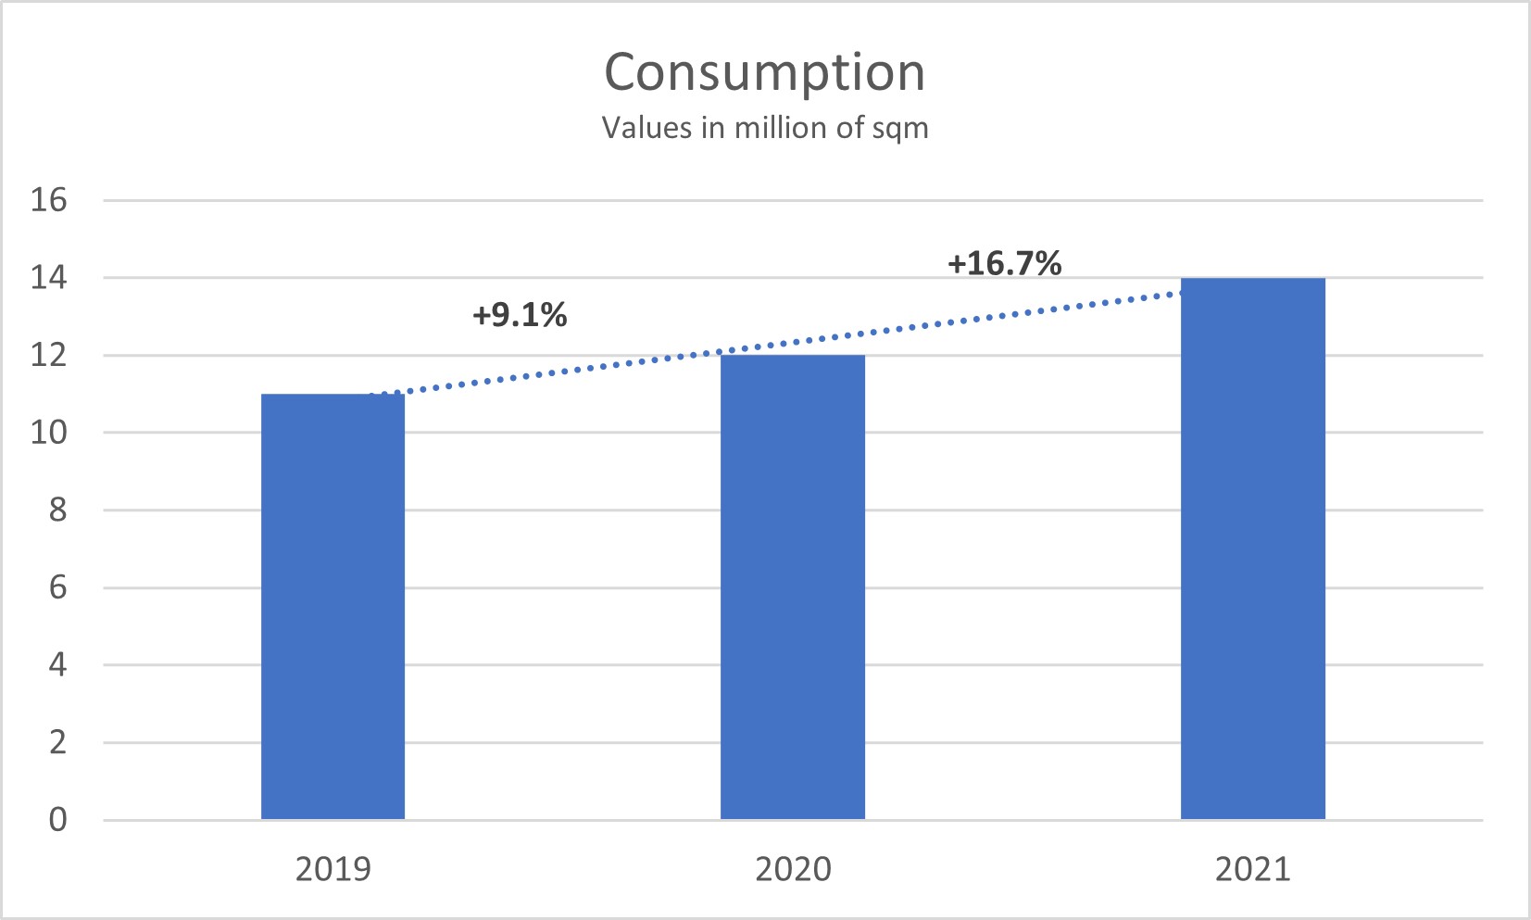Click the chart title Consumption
click(x=765, y=72)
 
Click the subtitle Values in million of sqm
click(x=765, y=127)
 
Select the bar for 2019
click(x=333, y=607)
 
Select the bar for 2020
click(x=793, y=587)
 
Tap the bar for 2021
click(x=1252, y=548)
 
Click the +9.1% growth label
click(x=520, y=315)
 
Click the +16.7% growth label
click(x=1004, y=263)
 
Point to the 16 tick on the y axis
click(x=49, y=199)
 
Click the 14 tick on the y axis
click(x=49, y=277)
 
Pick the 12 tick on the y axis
click(x=49, y=355)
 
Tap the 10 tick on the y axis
click(x=49, y=432)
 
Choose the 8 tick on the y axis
click(x=57, y=510)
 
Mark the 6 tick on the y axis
click(x=57, y=587)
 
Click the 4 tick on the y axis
click(x=57, y=664)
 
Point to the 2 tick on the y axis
click(x=57, y=742)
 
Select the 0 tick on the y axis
click(x=57, y=819)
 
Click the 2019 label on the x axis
click(x=333, y=869)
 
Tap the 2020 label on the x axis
click(x=793, y=869)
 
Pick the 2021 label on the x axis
click(x=1252, y=869)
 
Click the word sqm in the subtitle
click(x=900, y=129)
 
